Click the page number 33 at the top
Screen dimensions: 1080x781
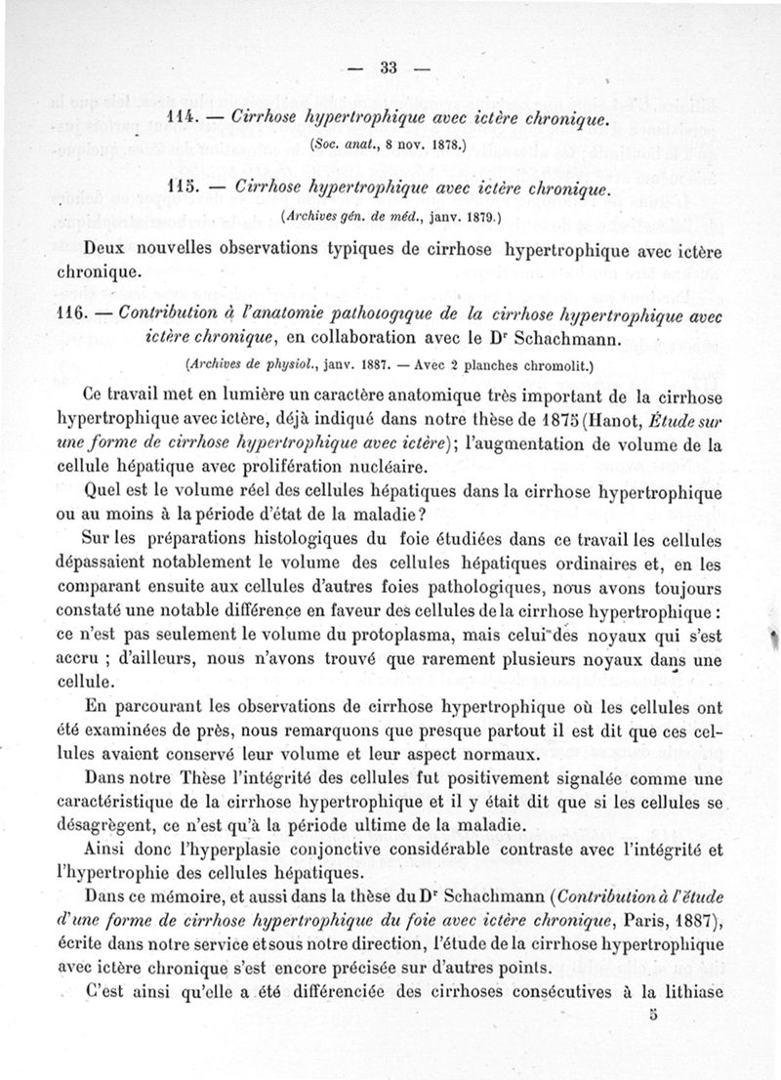[x=390, y=67]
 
